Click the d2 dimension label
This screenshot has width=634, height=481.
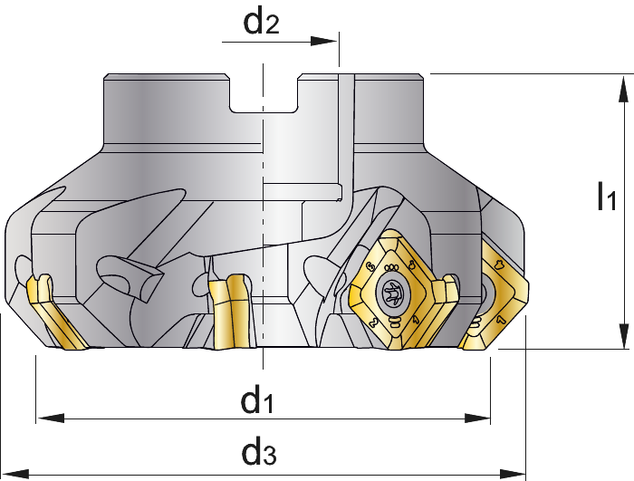[261, 23]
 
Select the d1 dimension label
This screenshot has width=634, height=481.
[257, 400]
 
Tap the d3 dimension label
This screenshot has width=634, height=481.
[259, 452]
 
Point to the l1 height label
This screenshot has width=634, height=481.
[607, 197]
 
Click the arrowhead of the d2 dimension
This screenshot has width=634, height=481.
[323, 42]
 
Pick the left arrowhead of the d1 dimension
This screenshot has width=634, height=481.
[50, 418]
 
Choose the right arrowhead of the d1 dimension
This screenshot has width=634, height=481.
[477, 418]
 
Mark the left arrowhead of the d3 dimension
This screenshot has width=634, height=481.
[15, 474]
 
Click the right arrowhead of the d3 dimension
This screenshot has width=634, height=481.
[513, 474]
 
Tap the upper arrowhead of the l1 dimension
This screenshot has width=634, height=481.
[624, 88]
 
